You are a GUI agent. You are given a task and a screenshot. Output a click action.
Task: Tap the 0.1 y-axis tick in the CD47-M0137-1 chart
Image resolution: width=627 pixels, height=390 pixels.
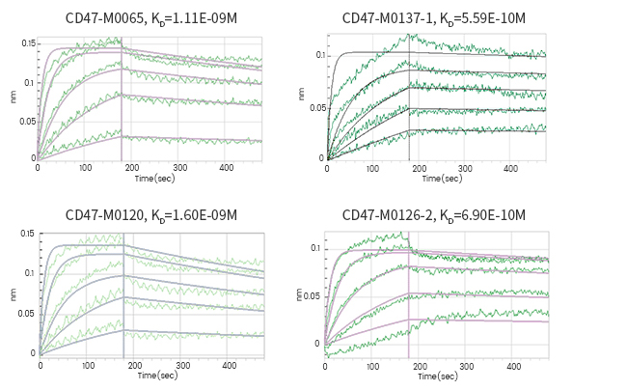click(x=320, y=55)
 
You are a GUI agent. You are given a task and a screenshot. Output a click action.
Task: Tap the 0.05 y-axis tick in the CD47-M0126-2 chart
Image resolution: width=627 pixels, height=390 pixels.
click(x=313, y=295)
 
